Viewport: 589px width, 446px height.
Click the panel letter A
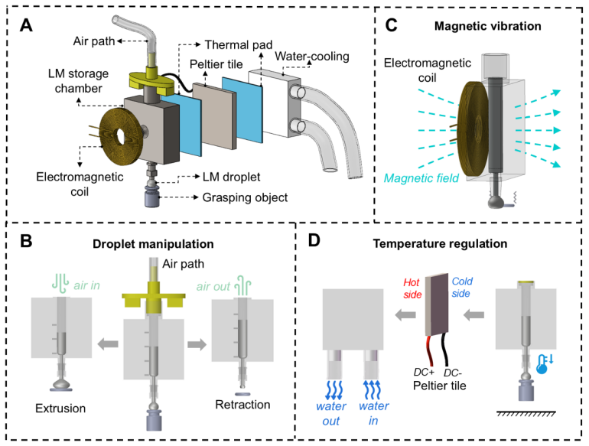point(26,25)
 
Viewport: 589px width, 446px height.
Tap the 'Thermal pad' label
point(239,44)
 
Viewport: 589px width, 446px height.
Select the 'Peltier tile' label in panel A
point(216,64)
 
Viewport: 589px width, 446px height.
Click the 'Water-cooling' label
point(312,57)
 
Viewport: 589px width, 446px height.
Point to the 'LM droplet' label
point(231,177)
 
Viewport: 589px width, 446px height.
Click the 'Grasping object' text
point(245,197)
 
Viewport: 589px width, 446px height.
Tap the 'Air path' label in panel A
point(94,41)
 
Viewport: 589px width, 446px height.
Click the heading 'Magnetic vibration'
point(487,26)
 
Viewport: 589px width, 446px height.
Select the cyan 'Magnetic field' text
point(421,178)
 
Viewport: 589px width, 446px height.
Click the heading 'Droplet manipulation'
point(153,244)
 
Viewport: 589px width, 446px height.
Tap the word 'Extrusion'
point(60,409)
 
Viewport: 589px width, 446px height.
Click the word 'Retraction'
point(242,405)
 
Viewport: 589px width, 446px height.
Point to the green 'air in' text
point(86,285)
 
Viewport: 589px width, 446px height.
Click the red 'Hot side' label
point(412,288)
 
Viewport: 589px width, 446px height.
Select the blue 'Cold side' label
point(462,288)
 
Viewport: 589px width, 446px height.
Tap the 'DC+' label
point(424,372)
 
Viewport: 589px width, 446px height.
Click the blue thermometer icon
point(544,363)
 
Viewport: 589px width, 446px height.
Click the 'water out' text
point(331,413)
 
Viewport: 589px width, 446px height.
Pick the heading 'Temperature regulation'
point(440,244)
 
